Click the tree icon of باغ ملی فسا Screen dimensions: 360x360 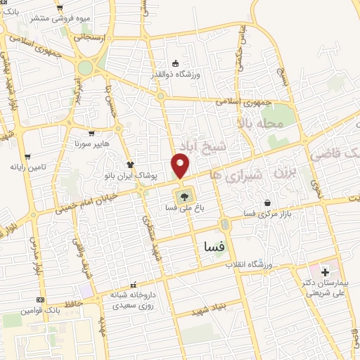[182, 195]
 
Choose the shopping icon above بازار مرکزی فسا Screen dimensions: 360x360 [267, 202]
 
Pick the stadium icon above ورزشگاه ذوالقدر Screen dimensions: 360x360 [175, 63]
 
